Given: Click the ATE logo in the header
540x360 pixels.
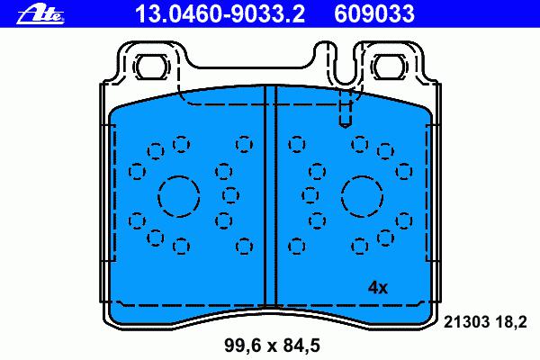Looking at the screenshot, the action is pos(40,14).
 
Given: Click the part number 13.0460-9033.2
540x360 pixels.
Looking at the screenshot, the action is pos(220,13).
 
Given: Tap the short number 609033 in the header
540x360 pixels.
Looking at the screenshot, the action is pos(374,13).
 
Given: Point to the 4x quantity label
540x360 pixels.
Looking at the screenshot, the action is pos(378,287).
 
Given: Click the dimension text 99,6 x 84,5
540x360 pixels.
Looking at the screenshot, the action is pos(272,346).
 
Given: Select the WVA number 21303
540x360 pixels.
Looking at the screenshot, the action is pos(466,322).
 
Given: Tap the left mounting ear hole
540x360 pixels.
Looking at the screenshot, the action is pos(152,66).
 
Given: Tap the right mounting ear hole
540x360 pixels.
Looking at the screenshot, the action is pos(389,66).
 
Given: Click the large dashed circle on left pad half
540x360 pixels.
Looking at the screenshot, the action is pos(179,175).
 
